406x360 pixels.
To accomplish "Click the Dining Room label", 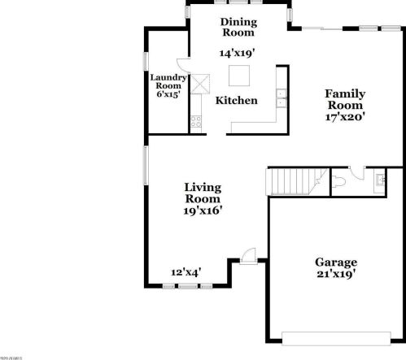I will click(x=238, y=27).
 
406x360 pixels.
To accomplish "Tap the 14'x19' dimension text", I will click(x=238, y=52).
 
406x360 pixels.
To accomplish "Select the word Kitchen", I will click(x=236, y=101).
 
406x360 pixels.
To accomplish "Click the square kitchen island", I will click(x=239, y=76).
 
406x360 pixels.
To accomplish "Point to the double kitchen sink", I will click(x=282, y=98).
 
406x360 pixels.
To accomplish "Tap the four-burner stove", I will click(x=195, y=122).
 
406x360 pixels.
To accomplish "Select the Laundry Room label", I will click(x=168, y=81).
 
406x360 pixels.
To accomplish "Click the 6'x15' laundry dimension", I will click(x=168, y=94).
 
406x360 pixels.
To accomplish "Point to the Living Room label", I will click(x=203, y=193).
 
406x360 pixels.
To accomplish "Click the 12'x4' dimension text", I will click(x=186, y=272).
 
